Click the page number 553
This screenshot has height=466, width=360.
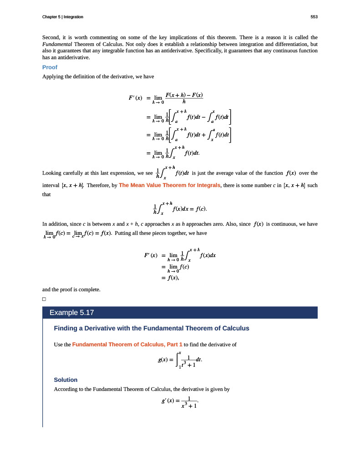(314, 17)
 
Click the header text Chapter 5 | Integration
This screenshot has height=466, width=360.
(62, 17)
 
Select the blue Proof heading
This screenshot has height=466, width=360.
(50, 67)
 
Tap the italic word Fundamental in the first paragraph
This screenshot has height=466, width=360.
(55, 45)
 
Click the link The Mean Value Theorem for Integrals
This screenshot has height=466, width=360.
(169, 185)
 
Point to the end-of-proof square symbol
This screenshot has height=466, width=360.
(44, 299)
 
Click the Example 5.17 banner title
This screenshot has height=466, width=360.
(71, 313)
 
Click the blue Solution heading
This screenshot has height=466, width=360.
(66, 380)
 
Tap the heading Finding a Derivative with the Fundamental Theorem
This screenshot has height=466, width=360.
(152, 328)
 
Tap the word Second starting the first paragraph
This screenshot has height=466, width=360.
(51, 37)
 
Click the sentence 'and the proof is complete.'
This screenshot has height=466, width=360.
(71, 289)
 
